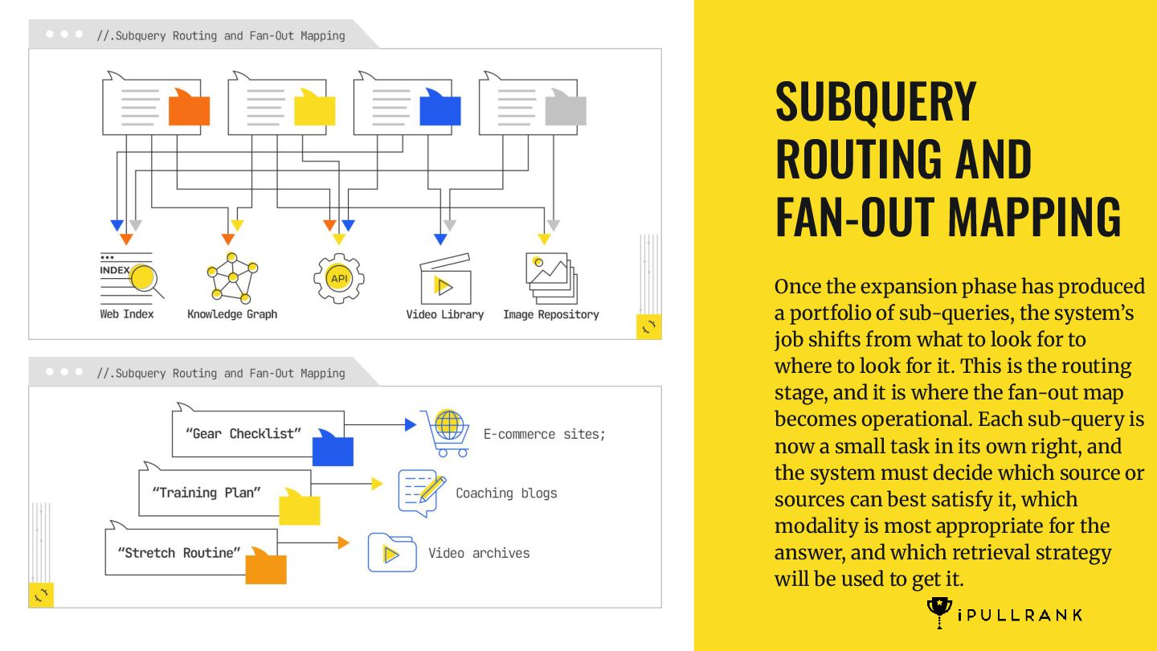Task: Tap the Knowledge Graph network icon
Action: pyautogui.click(x=232, y=276)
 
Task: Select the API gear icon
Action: pyautogui.click(x=339, y=278)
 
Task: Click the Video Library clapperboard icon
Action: pyautogui.click(x=444, y=278)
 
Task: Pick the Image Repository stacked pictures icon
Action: pyautogui.click(x=551, y=276)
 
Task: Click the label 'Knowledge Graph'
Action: pyautogui.click(x=232, y=314)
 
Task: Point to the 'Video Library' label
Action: pyautogui.click(x=444, y=314)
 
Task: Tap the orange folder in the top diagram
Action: pyautogui.click(x=189, y=109)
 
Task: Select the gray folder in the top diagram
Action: pyautogui.click(x=566, y=109)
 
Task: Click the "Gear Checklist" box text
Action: pyautogui.click(x=243, y=434)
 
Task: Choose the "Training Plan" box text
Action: pyautogui.click(x=206, y=493)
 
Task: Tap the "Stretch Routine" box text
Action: pyautogui.click(x=179, y=553)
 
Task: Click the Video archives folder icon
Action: pyautogui.click(x=392, y=553)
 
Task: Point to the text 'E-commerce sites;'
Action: pyautogui.click(x=544, y=434)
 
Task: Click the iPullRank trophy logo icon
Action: pyautogui.click(x=939, y=612)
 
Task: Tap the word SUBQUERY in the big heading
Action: pyautogui.click(x=876, y=101)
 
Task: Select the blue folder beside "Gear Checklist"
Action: pyautogui.click(x=333, y=448)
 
